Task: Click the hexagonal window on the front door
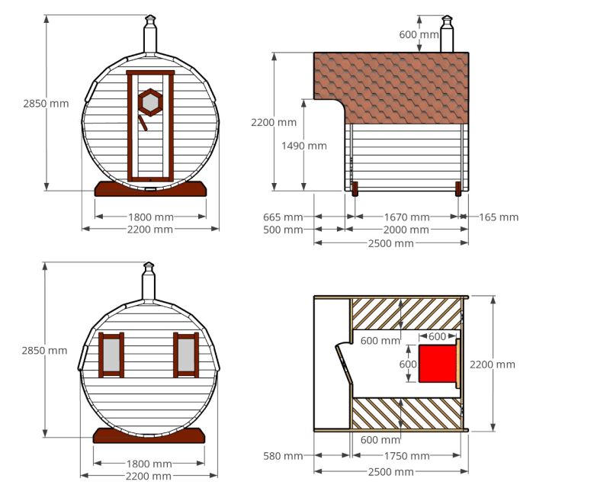(x=150, y=102)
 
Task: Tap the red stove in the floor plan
(x=437, y=364)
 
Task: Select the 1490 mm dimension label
(x=303, y=146)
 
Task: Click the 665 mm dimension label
(x=283, y=217)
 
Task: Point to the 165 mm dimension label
(x=499, y=217)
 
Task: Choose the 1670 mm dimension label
(x=407, y=217)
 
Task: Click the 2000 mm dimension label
(x=406, y=230)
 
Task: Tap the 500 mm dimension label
(x=283, y=230)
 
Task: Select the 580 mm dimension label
(x=283, y=456)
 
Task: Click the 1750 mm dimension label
(x=407, y=456)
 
